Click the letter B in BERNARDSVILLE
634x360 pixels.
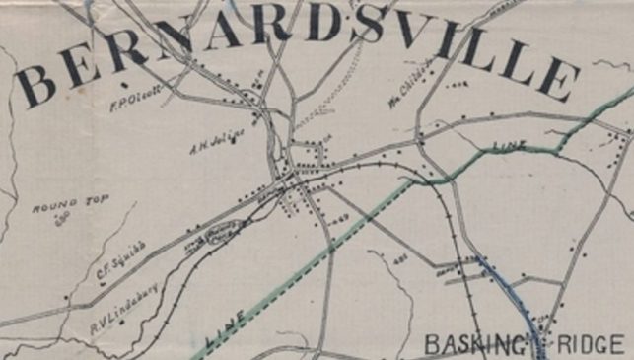pyautogui.click(x=36, y=79)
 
